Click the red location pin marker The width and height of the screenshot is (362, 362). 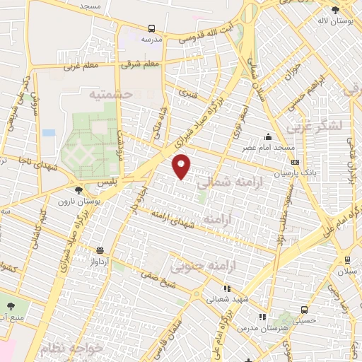pyautogui.click(x=182, y=165)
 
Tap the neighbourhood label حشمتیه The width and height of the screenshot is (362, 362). pyautogui.click(x=107, y=93)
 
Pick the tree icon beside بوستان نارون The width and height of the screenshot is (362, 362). pyautogui.click(x=78, y=189)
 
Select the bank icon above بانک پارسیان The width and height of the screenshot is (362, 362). pyautogui.click(x=296, y=162)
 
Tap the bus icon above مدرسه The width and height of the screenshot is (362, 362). pyautogui.click(x=152, y=29)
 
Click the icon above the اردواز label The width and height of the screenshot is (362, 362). pyautogui.click(x=100, y=250)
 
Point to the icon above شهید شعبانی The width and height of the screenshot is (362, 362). pyautogui.click(x=227, y=288)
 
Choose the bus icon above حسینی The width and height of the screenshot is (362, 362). pyautogui.click(x=304, y=309)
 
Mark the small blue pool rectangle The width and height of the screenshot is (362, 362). pyautogui.click(x=48, y=132)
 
